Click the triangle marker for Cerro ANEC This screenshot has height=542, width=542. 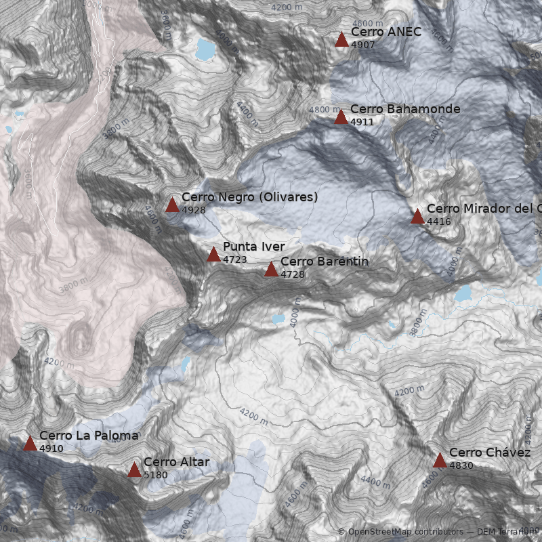[341, 39]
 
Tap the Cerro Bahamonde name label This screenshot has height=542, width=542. [405, 109]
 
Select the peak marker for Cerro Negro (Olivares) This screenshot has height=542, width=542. [172, 205]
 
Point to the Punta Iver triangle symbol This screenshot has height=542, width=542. [213, 255]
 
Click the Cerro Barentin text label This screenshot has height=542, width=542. [325, 262]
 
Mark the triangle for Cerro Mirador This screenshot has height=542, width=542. [417, 217]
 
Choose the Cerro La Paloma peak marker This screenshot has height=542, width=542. [30, 444]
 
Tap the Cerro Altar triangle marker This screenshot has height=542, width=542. [134, 470]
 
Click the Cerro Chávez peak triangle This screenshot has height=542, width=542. [440, 461]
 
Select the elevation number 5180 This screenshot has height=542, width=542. [155, 475]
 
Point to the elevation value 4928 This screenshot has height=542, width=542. [194, 210]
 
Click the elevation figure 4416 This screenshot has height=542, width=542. [439, 222]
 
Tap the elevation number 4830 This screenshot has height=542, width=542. [461, 465]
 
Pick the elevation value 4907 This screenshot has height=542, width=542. [362, 45]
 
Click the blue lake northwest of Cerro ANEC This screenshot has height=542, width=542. [204, 49]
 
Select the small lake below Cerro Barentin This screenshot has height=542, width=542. [278, 318]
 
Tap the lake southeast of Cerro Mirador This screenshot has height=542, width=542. [463, 293]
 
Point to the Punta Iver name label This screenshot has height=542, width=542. [253, 247]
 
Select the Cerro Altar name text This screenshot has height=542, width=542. [176, 462]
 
